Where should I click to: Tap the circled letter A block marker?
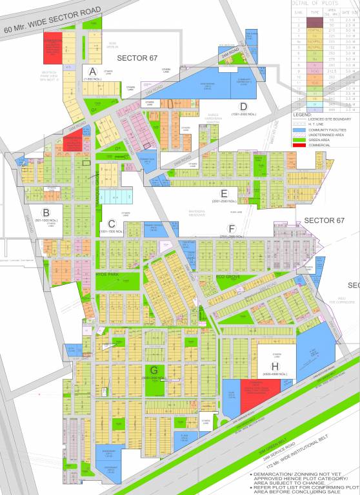point(93,71)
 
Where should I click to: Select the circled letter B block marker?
point(46,213)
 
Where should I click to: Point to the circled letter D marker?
point(243,106)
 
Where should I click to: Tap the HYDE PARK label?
point(108,275)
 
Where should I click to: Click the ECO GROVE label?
point(228,277)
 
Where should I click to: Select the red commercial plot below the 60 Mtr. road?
point(52,48)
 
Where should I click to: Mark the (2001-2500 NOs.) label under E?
point(225,202)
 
